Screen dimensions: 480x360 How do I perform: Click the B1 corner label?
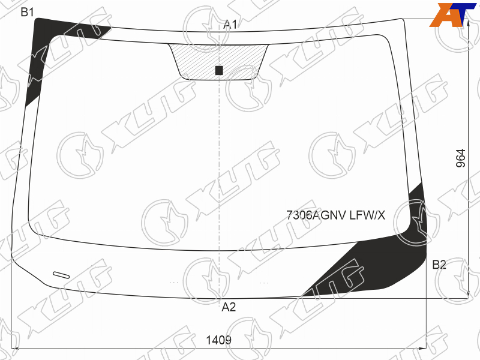[27, 12]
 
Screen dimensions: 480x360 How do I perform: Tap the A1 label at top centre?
[230, 25]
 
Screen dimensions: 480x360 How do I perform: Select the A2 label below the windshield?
[229, 307]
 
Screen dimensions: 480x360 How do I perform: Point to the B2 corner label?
[439, 265]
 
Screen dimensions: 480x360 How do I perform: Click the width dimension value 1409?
[218, 340]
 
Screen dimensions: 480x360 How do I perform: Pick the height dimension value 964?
[461, 158]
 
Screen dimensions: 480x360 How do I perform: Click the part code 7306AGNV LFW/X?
[336, 215]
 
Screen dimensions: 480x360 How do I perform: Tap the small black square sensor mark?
[219, 70]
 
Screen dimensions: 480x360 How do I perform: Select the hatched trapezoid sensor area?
[218, 61]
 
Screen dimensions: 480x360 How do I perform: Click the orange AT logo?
[452, 14]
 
